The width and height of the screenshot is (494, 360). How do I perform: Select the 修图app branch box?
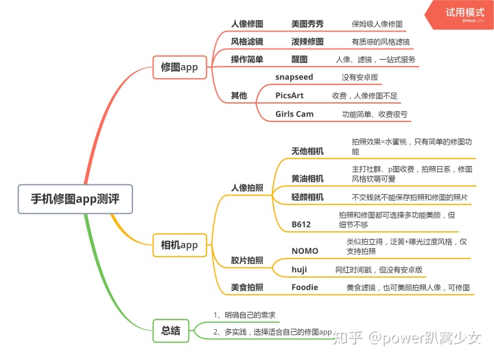(x=179, y=67)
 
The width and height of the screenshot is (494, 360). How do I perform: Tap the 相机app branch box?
(x=179, y=245)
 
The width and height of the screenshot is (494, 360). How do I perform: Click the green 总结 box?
(x=171, y=331)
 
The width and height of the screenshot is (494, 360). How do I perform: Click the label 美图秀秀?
(x=307, y=23)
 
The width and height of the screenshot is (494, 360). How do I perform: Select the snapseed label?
(x=294, y=77)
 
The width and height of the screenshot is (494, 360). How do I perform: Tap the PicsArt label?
(x=289, y=95)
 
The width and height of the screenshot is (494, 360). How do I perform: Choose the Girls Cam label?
(x=294, y=114)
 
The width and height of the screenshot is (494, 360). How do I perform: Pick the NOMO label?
(x=305, y=251)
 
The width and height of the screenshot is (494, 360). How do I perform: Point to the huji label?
(x=299, y=269)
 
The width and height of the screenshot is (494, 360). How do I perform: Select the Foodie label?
(x=305, y=287)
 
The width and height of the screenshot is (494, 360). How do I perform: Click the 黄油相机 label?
(x=307, y=178)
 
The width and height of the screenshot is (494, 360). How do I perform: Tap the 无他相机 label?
(x=307, y=151)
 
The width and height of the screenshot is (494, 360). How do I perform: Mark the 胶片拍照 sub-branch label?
(x=247, y=260)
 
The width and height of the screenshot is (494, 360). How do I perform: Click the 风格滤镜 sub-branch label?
(x=246, y=41)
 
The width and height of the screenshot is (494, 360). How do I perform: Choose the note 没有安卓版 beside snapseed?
(x=360, y=77)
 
